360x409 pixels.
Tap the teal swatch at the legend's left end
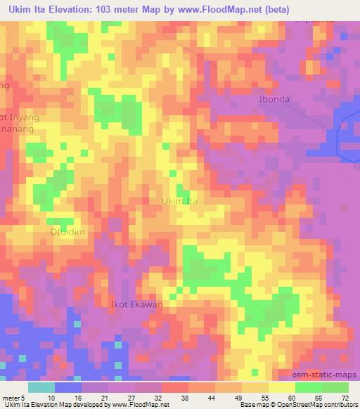[41, 387]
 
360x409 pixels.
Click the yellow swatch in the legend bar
[282, 387]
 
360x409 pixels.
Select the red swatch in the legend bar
[176, 387]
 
